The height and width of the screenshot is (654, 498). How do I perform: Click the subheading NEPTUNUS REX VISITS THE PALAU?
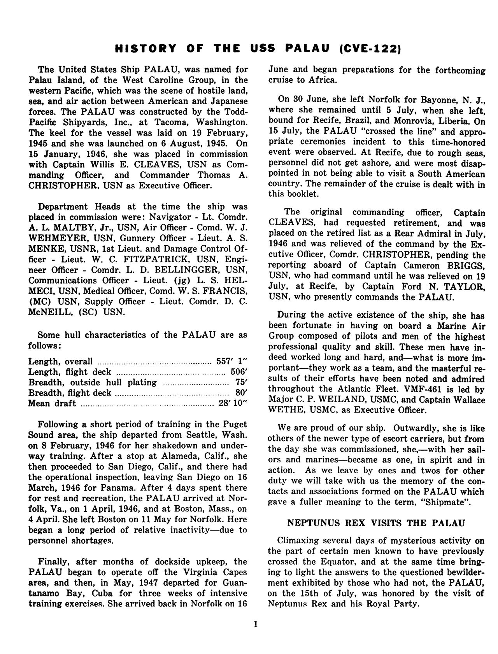click(x=376, y=523)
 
